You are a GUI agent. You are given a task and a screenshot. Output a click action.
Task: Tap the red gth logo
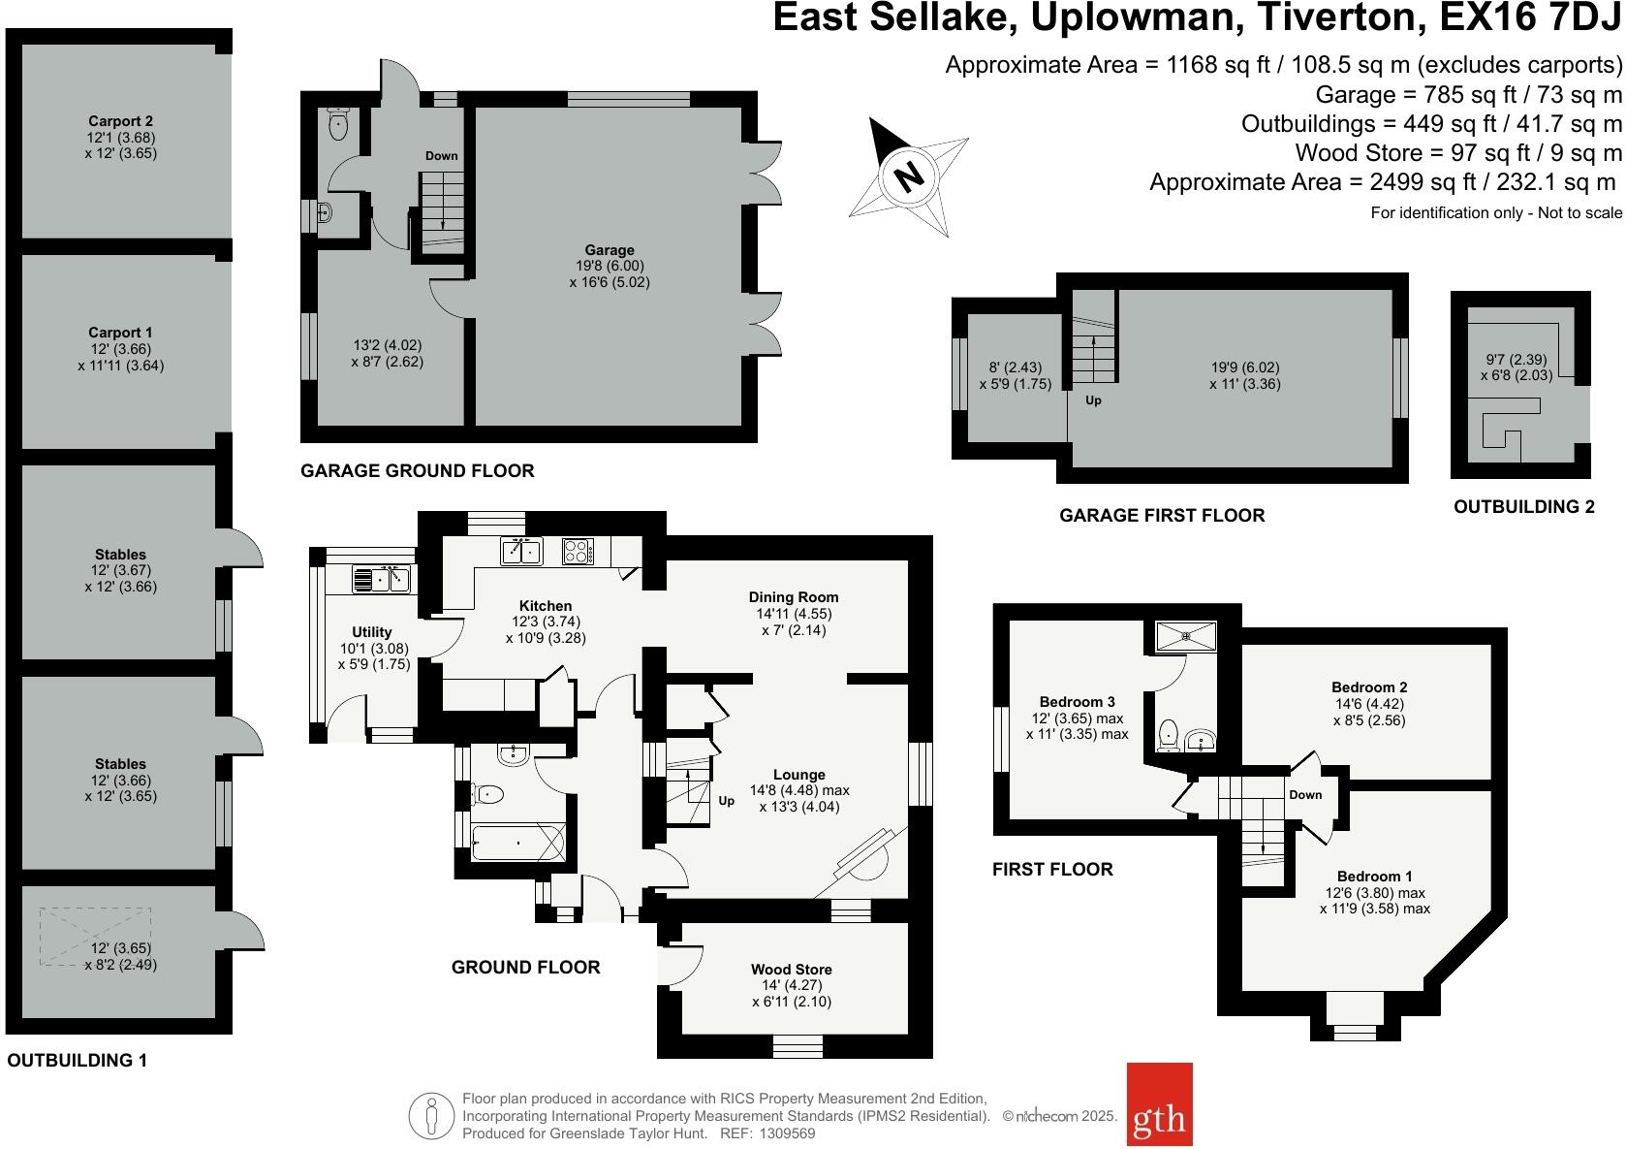click(x=1159, y=1118)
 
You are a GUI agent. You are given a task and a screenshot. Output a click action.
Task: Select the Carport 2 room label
click(x=121, y=121)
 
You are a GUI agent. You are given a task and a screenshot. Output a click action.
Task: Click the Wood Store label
click(x=792, y=969)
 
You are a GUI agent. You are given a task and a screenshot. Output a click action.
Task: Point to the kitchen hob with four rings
click(x=578, y=551)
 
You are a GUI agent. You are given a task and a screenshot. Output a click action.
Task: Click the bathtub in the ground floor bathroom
click(x=517, y=842)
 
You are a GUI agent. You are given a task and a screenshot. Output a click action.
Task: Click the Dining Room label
click(x=794, y=597)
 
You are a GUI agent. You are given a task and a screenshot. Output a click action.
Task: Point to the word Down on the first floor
click(x=1305, y=795)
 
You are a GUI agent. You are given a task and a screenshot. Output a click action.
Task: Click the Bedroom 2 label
click(x=1369, y=687)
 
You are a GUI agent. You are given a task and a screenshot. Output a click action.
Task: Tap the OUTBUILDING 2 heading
click(x=1523, y=506)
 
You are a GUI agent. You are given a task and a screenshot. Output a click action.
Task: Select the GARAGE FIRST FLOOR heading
click(x=1162, y=515)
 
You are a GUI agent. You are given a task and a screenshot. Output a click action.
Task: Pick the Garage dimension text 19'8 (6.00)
click(x=610, y=266)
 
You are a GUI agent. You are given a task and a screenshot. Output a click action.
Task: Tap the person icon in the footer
click(x=431, y=1117)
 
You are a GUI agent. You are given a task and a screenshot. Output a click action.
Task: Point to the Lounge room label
click(x=799, y=775)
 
